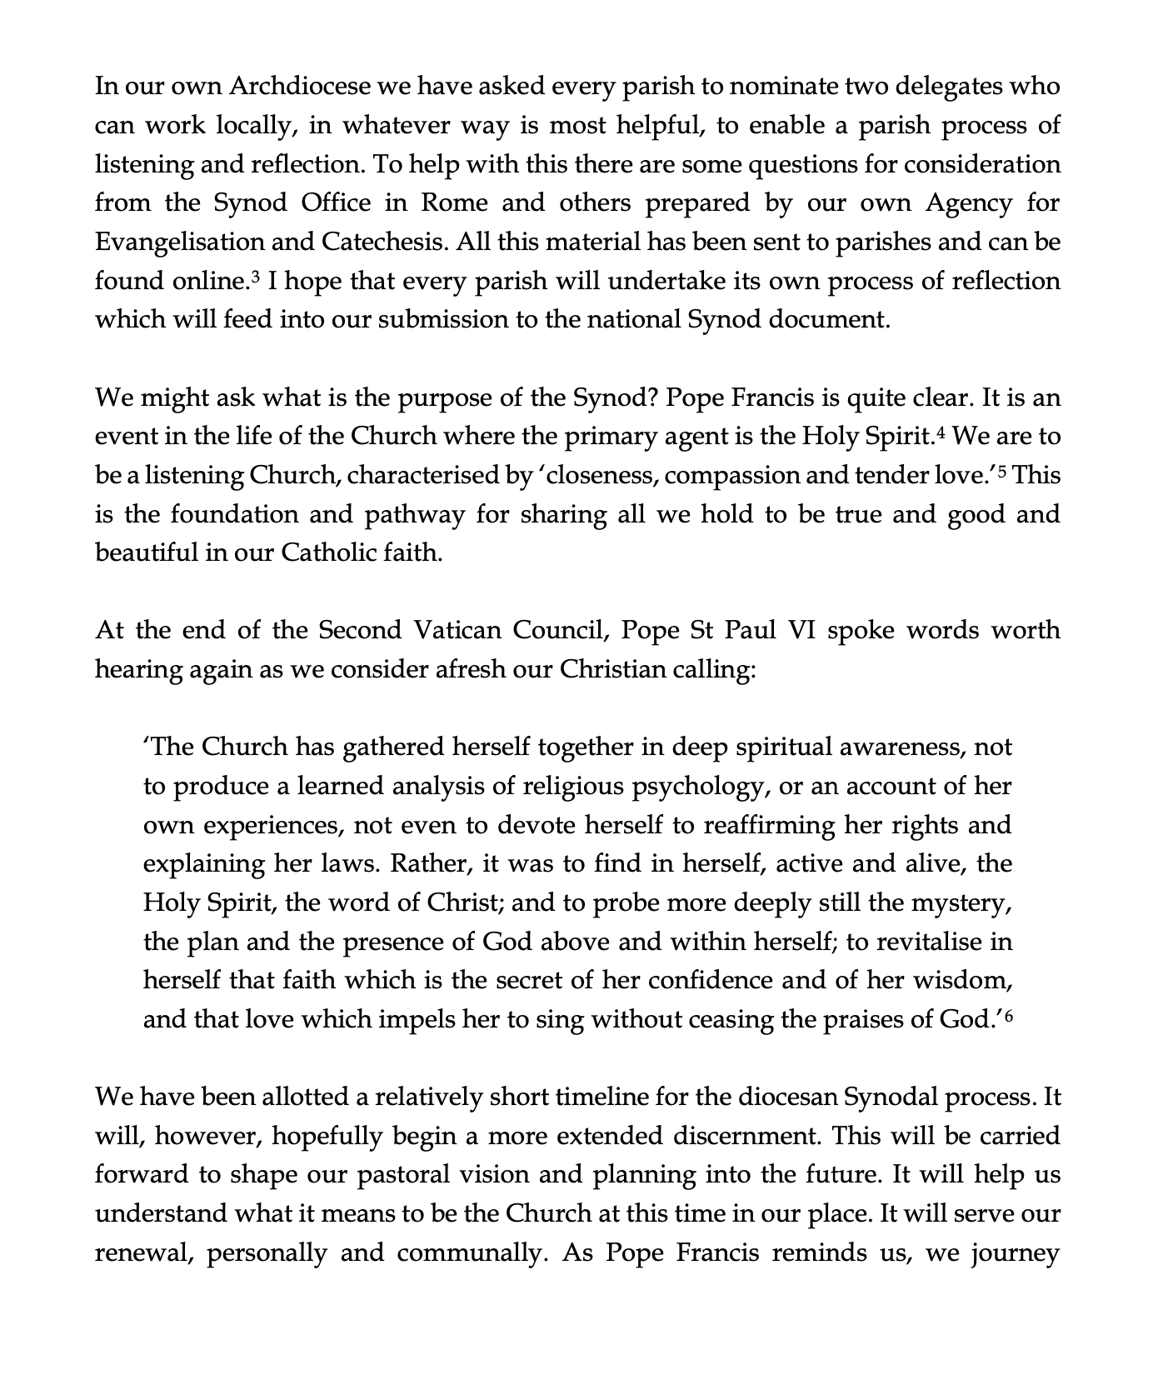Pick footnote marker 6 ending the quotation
(1008, 1014)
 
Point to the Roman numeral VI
(798, 630)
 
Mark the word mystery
(961, 903)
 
